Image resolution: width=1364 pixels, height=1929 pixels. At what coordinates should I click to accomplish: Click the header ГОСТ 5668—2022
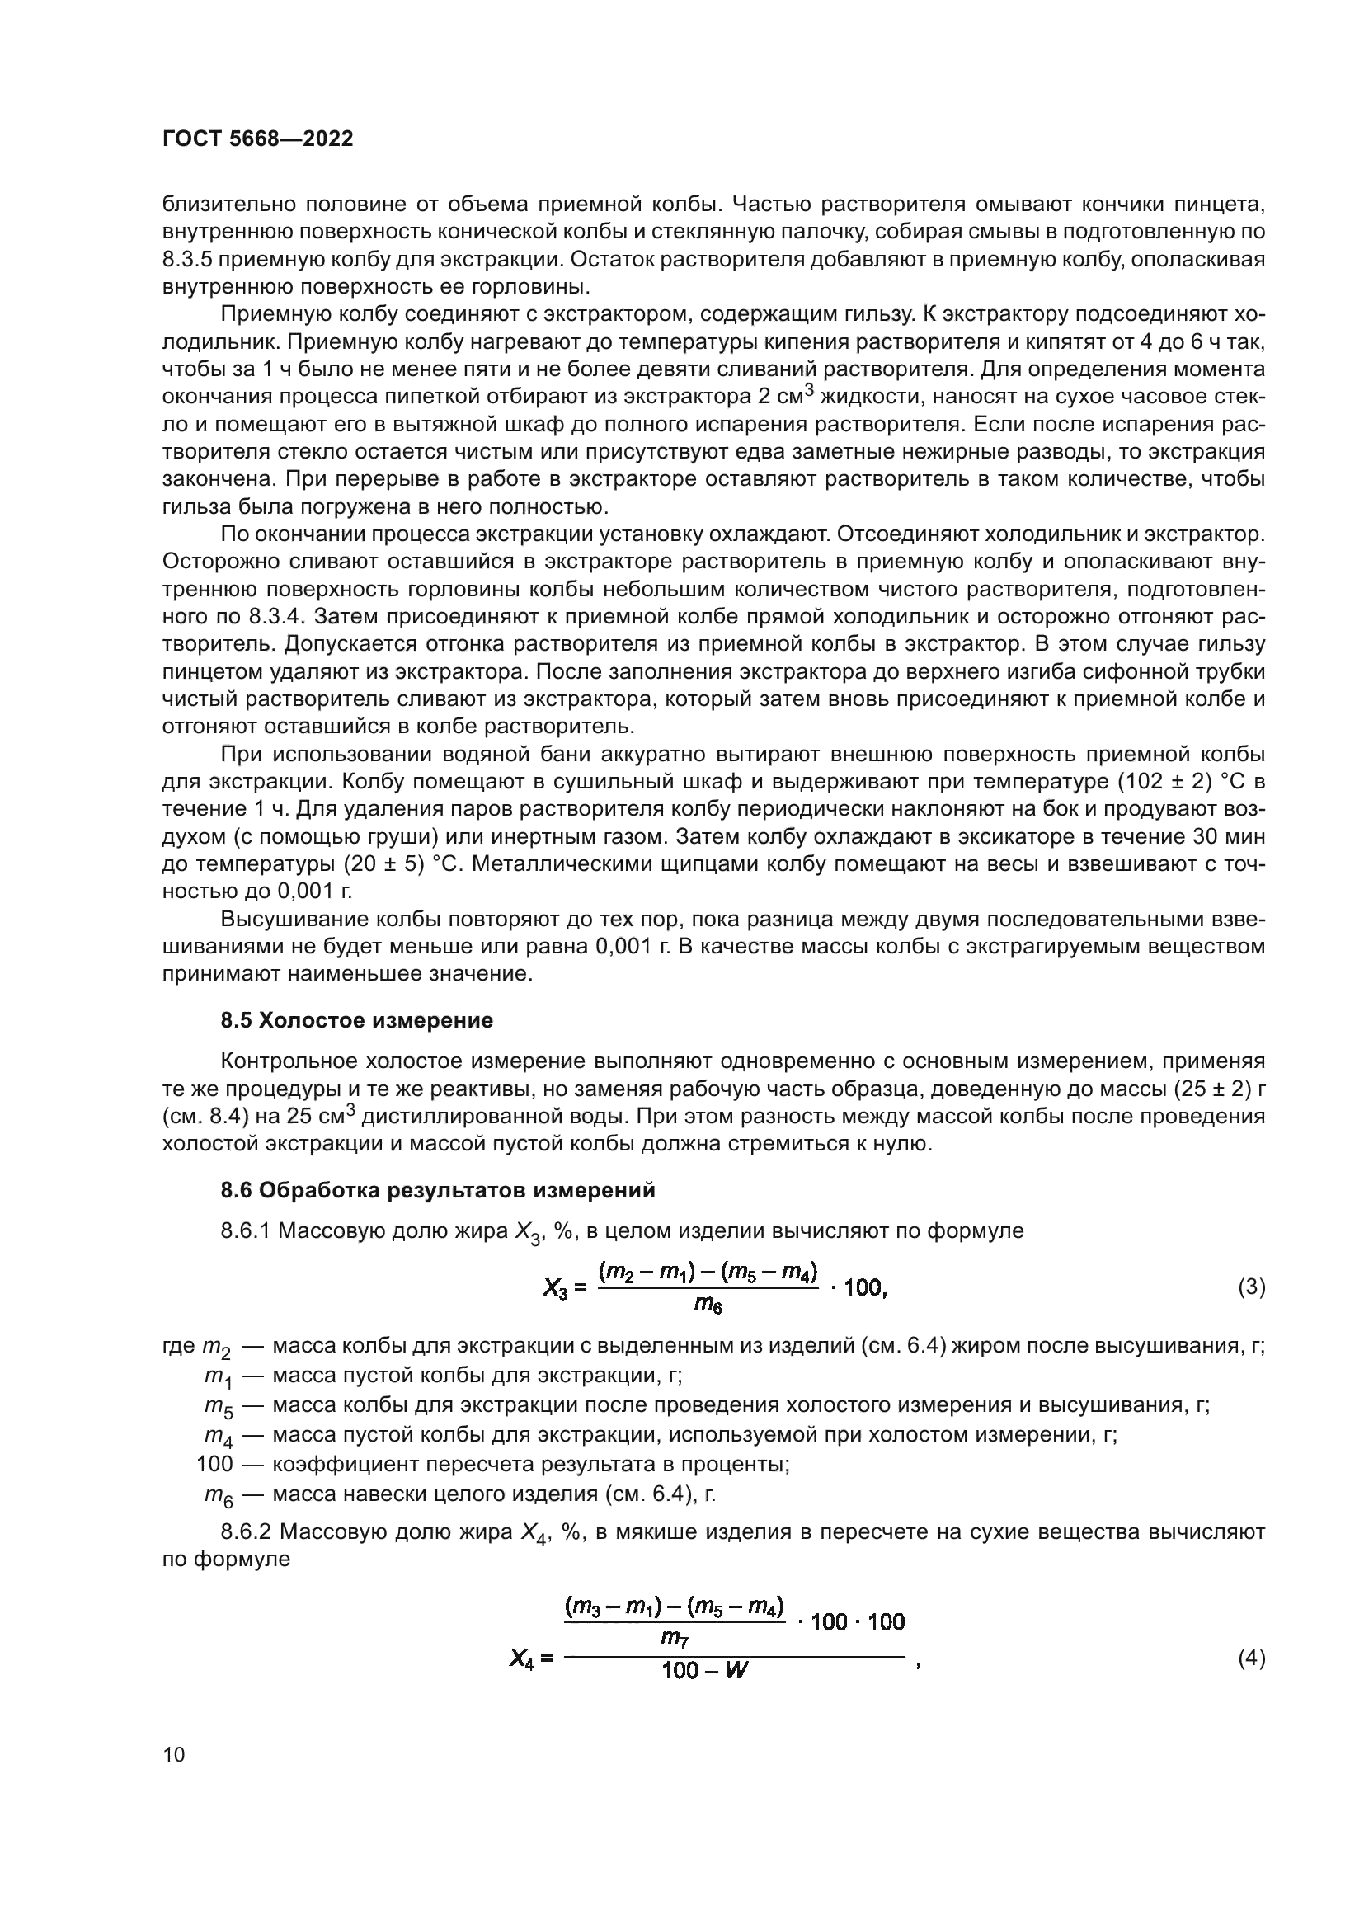(x=257, y=139)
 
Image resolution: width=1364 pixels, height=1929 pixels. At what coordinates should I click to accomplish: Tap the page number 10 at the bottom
(x=174, y=1755)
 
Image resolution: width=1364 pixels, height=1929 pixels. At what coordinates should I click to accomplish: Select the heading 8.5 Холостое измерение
(x=356, y=1021)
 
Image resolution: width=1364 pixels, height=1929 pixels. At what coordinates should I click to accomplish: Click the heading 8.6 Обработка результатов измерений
(x=437, y=1191)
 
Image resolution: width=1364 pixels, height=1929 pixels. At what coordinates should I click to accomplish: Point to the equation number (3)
(x=1252, y=1287)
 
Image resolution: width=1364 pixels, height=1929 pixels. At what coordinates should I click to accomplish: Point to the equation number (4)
(x=1252, y=1658)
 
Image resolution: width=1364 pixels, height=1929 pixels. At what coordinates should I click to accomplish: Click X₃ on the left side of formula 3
(x=557, y=1287)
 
